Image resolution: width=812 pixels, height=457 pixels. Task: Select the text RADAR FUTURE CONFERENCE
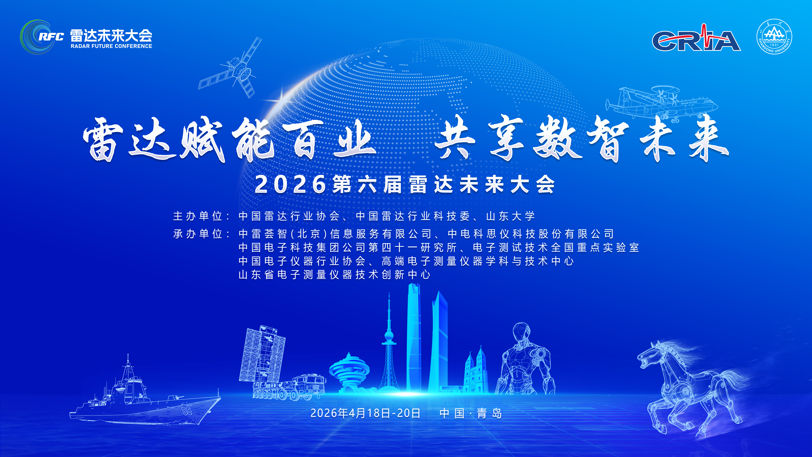(111, 46)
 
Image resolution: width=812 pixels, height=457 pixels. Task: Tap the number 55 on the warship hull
(187, 411)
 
